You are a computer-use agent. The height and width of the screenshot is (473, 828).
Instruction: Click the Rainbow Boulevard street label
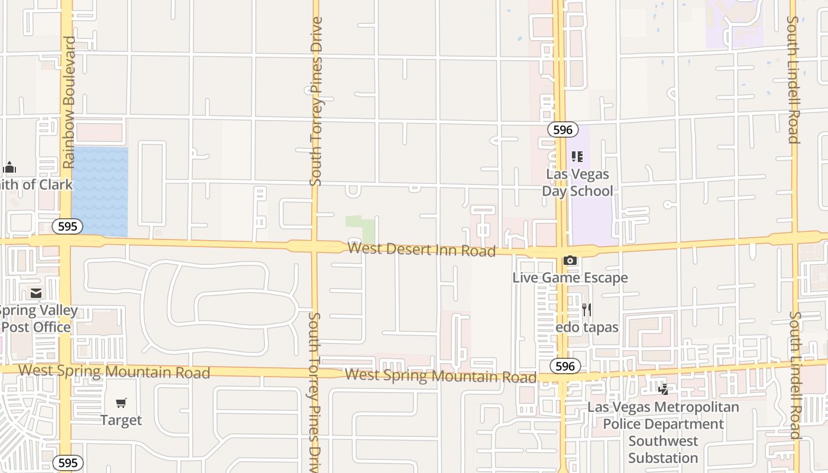[x=70, y=102]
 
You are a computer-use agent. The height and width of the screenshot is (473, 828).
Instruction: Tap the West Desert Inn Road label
[x=421, y=249]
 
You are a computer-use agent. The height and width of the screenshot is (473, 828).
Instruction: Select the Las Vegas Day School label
[x=577, y=183]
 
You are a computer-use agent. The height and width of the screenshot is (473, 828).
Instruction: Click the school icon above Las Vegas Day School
[x=577, y=157]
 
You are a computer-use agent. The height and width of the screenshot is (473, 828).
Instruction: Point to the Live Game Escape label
[x=570, y=277]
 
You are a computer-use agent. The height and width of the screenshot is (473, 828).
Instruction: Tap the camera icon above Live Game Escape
[x=570, y=261]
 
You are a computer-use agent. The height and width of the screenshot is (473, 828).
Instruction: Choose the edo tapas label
[x=587, y=327]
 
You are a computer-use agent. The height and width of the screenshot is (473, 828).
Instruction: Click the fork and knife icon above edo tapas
[x=587, y=309]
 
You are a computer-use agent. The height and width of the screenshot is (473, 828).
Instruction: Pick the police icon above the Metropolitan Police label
[x=663, y=390]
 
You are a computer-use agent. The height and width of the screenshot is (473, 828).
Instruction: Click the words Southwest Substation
[x=663, y=449]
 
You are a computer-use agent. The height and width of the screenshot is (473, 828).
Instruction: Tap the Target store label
[x=121, y=420]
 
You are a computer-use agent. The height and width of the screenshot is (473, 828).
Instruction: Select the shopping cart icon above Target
[x=121, y=403]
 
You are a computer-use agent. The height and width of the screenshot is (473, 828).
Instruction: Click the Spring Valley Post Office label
[x=37, y=319]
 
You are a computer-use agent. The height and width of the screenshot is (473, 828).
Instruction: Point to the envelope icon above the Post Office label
[x=36, y=293]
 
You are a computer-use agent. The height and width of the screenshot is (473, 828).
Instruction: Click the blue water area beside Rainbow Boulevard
[x=100, y=189]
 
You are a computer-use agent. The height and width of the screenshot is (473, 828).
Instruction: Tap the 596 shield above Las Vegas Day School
[x=562, y=129]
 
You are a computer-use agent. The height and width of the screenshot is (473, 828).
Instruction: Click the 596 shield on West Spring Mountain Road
[x=565, y=366]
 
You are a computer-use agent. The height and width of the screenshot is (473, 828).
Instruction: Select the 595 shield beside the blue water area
[x=67, y=226]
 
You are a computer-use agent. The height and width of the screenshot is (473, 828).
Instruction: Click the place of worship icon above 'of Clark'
[x=9, y=167]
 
